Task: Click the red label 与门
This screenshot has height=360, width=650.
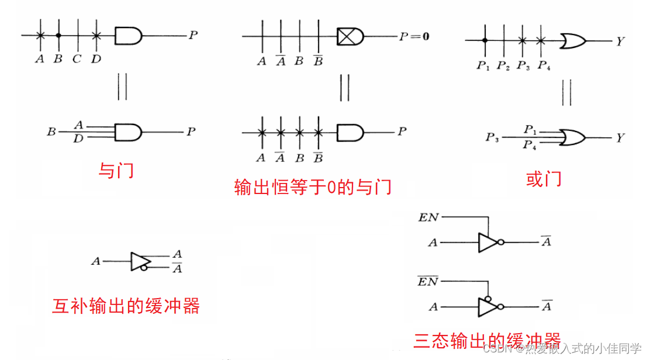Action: (x=116, y=170)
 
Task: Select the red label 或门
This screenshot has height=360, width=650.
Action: (x=544, y=179)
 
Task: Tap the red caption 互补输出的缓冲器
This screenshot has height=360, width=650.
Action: (x=126, y=306)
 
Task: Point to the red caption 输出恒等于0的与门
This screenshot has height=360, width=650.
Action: (x=313, y=187)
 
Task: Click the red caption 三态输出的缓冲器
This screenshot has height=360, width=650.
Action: (x=487, y=340)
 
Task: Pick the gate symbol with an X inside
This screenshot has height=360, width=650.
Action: (x=350, y=36)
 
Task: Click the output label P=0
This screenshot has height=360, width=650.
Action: (x=414, y=36)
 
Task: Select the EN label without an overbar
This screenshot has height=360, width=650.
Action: (x=428, y=217)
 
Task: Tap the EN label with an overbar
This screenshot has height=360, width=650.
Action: (x=428, y=282)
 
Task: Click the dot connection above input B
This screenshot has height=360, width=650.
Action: (x=58, y=36)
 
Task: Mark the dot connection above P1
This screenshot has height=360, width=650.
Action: (x=485, y=40)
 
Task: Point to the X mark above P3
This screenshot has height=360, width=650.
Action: (x=522, y=40)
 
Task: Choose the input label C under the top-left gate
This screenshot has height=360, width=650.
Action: (x=77, y=58)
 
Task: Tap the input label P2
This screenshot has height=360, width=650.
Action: (x=503, y=65)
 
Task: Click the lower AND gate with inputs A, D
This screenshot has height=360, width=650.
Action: (x=128, y=132)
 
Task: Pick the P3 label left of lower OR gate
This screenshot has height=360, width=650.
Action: (x=492, y=138)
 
